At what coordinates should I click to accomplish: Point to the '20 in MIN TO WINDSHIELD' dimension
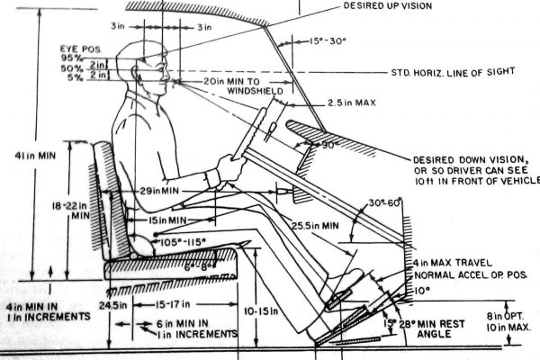pos(242,85)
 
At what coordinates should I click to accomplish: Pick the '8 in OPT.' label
pos(505,316)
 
